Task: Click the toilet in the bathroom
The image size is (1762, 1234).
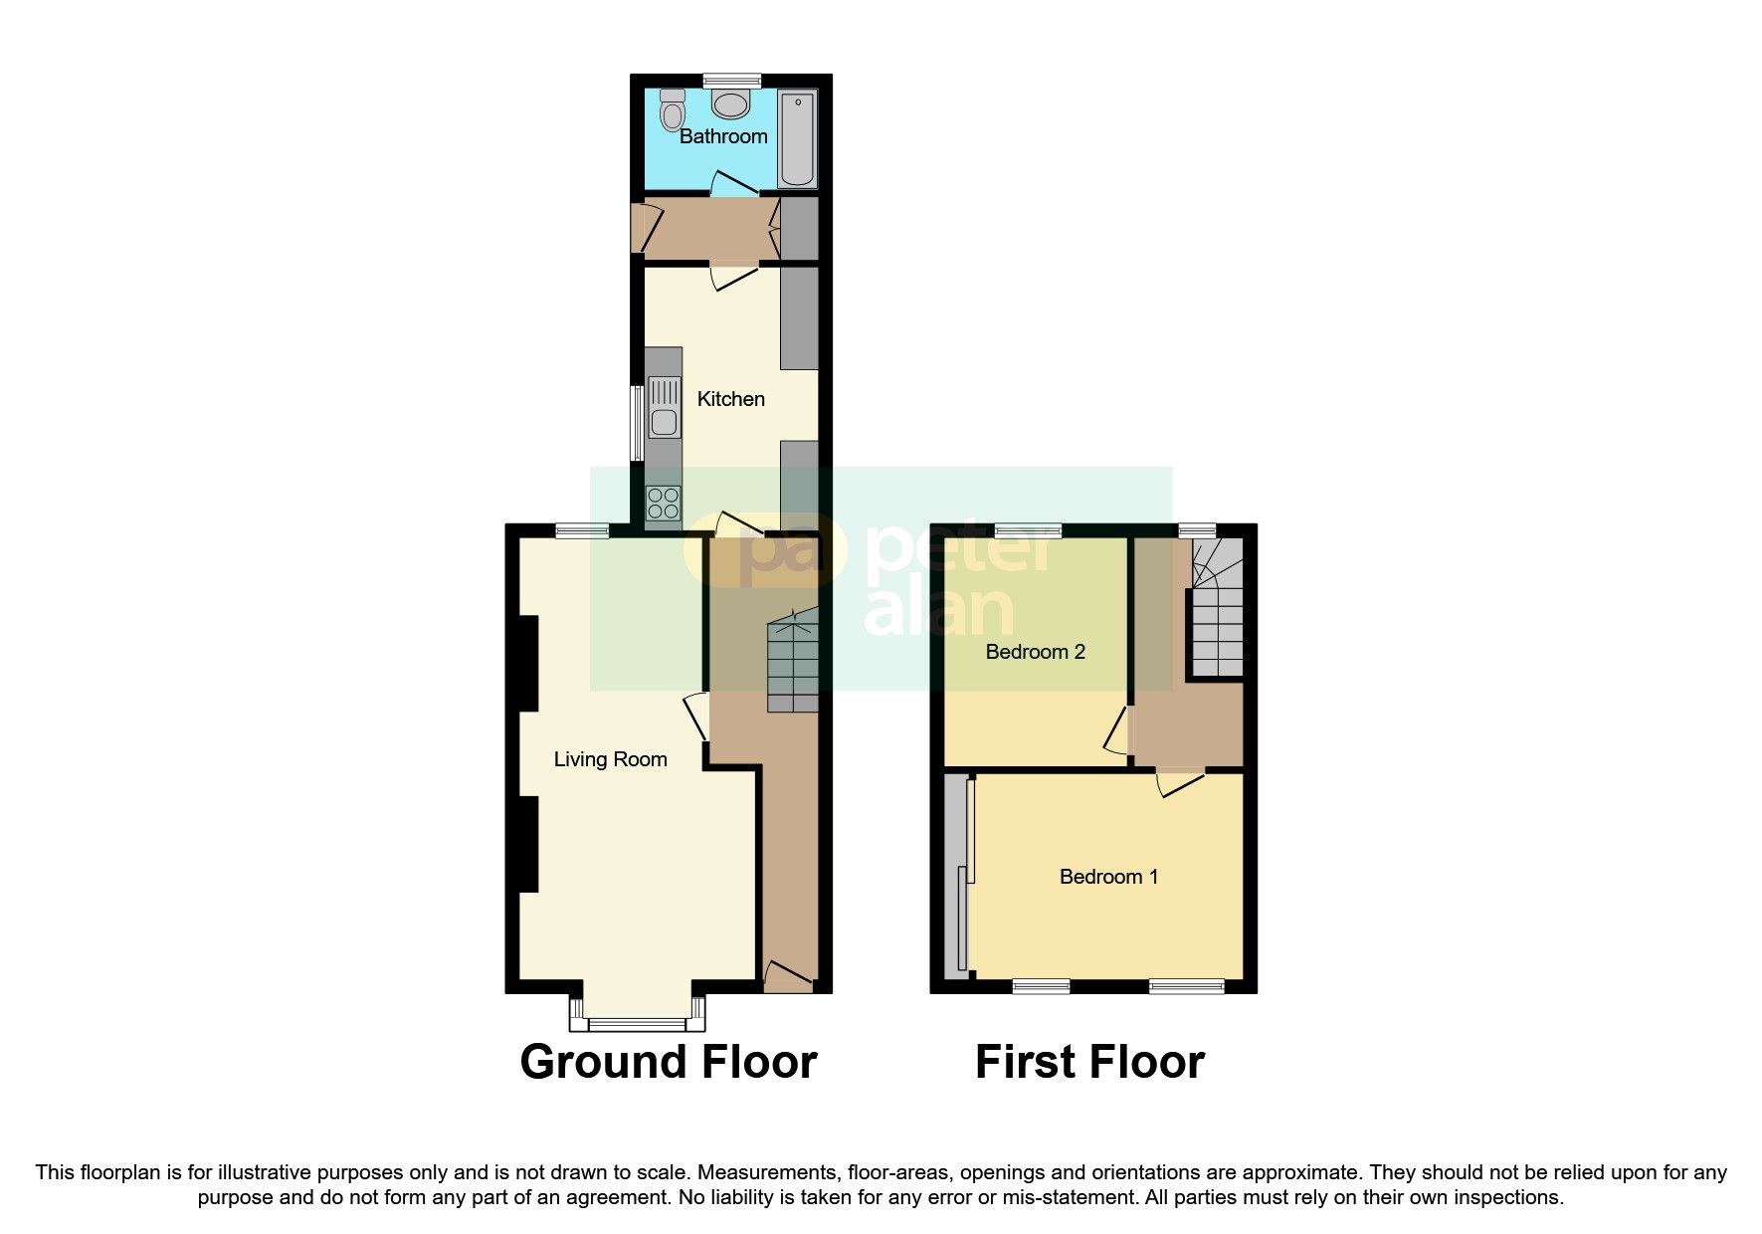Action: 674,108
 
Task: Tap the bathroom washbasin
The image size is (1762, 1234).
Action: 732,103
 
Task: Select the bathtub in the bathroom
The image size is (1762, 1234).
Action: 797,139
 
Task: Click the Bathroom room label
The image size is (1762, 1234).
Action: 723,136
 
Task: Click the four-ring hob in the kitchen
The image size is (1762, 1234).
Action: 664,504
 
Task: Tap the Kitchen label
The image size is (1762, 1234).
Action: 731,399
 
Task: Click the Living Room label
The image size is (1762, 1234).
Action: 610,759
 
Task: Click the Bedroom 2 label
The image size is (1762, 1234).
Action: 1035,652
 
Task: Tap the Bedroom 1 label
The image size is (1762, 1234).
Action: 1108,877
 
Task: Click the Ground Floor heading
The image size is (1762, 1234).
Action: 668,1062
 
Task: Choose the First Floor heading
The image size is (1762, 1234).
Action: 1089,1062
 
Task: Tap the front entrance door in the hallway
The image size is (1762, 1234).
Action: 788,977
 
